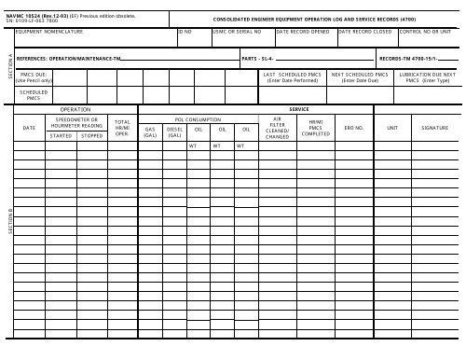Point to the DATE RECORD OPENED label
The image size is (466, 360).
tap(305, 32)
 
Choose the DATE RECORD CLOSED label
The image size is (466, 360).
tap(365, 32)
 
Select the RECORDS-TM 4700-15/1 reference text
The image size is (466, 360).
tap(411, 58)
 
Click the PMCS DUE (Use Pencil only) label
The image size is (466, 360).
tap(34, 77)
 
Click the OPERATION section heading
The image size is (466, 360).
tap(75, 109)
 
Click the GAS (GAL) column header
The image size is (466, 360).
tap(149, 132)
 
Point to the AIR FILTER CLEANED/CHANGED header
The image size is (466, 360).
tap(276, 128)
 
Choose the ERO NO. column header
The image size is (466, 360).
tap(354, 128)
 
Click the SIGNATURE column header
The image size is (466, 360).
tap(434, 128)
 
